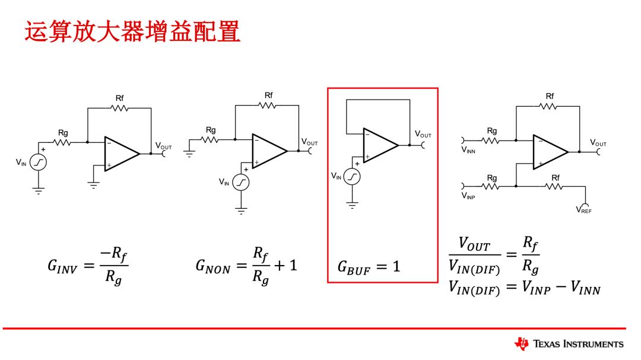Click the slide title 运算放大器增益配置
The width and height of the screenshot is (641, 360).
[132, 31]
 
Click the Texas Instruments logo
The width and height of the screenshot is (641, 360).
[569, 343]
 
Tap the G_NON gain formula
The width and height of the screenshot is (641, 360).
[246, 265]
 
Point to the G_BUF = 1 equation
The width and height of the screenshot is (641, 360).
[369, 267]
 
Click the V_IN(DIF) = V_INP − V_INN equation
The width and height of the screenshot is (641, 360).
[524, 288]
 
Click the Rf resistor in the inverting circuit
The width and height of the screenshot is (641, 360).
[119, 109]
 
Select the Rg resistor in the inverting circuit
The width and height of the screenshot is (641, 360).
[63, 142]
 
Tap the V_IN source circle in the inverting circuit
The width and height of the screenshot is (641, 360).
[39, 162]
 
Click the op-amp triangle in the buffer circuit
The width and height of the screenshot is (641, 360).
[379, 145]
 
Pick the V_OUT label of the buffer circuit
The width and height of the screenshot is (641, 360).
[423, 135]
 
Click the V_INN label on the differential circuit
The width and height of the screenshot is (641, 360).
[468, 151]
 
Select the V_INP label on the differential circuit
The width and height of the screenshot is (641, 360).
[468, 196]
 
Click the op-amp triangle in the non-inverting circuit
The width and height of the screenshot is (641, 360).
[269, 151]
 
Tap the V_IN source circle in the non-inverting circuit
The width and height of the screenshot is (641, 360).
[241, 182]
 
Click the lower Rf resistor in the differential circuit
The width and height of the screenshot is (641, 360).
[554, 187]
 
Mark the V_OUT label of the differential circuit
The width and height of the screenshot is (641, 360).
[598, 143]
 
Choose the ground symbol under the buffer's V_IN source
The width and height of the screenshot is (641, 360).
[352, 205]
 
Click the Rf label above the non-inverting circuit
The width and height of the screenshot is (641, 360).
[268, 95]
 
